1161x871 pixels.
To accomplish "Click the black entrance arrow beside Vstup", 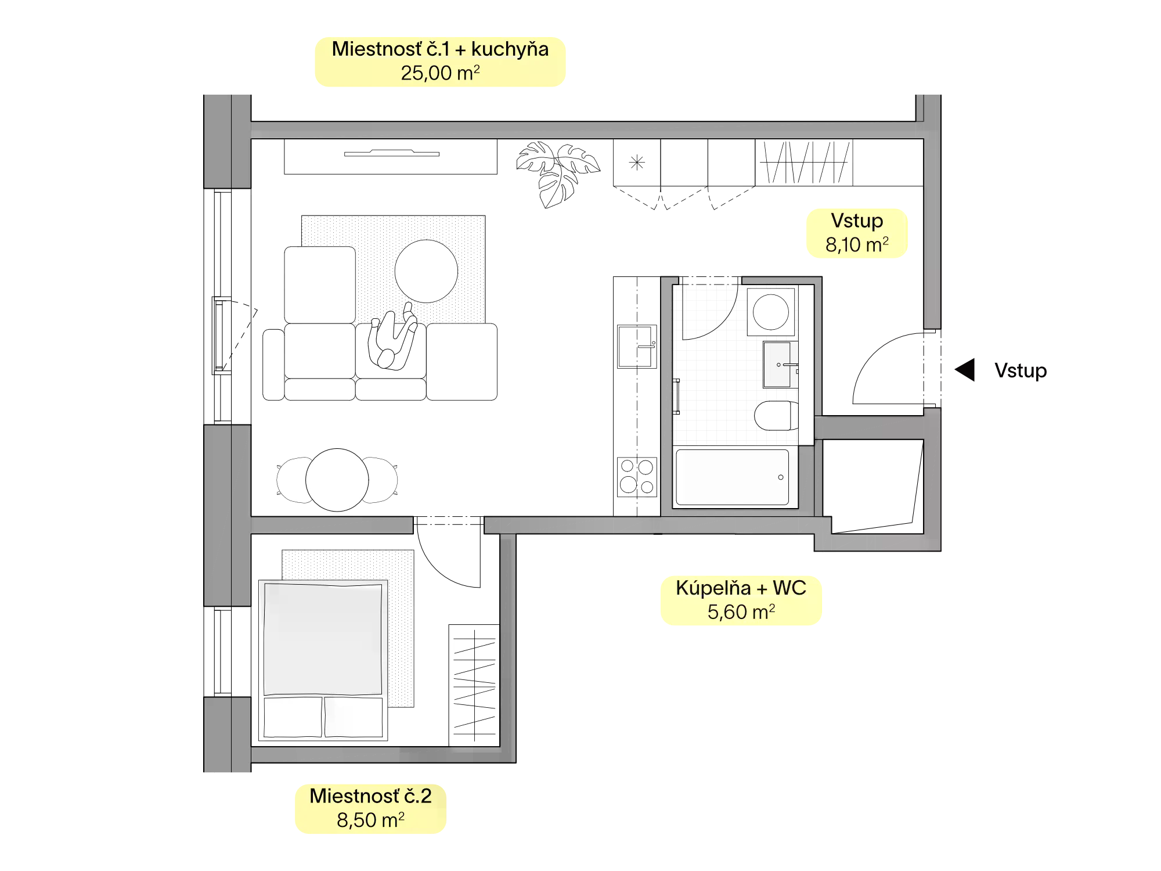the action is click(965, 370).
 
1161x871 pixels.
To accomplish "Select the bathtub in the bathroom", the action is click(732, 477).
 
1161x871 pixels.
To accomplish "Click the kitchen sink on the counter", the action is click(637, 347).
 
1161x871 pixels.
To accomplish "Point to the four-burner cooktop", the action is click(637, 477).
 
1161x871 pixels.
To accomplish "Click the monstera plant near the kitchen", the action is click(558, 173).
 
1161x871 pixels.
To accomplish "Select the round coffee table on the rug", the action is click(426, 271).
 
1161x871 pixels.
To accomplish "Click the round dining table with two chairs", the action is click(337, 480).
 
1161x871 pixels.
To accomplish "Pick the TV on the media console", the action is click(392, 153).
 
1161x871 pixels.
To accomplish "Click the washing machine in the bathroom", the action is click(771, 312).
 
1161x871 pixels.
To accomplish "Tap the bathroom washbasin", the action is click(779, 365).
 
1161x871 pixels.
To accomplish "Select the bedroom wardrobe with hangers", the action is click(474, 685).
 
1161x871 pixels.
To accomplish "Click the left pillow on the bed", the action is click(293, 717).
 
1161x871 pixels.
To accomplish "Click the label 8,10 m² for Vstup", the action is click(857, 245).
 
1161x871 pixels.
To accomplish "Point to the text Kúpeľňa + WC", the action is click(741, 588).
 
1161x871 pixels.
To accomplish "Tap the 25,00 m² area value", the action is click(440, 73).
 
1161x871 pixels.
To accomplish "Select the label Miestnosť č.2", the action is click(370, 796).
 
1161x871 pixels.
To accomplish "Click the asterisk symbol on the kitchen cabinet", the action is click(637, 163).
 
